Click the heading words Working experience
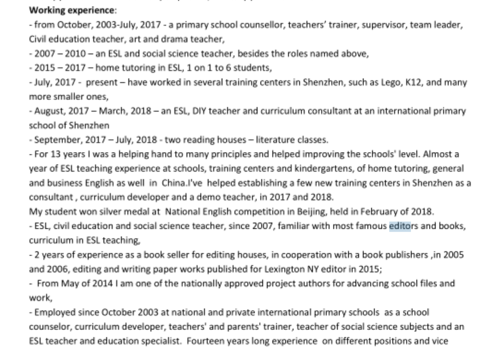72,10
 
